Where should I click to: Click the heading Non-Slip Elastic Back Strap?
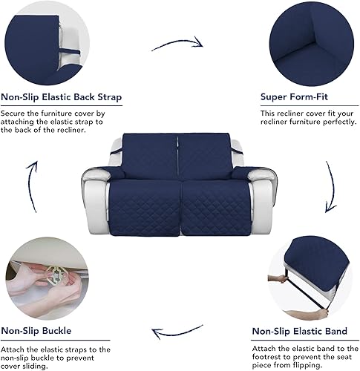point(62,97)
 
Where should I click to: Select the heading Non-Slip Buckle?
point(39,332)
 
